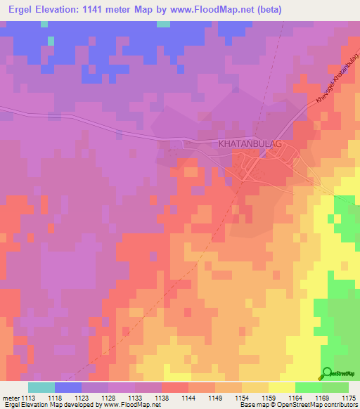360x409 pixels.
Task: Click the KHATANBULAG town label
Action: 250,143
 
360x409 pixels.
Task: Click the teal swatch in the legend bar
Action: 41,387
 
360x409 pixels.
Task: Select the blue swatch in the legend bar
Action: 68,387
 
